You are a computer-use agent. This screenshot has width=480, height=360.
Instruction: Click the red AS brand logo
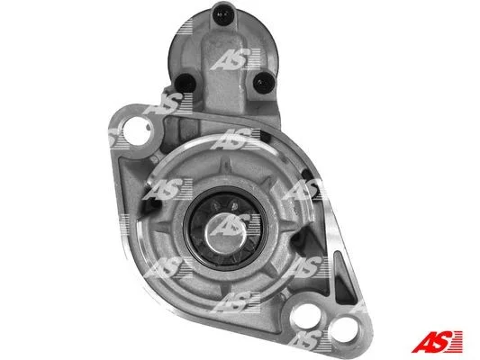tap(437, 341)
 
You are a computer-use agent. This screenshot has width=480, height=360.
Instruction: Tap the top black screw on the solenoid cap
tap(223, 13)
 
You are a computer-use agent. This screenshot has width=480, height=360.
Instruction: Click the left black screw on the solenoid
tap(185, 83)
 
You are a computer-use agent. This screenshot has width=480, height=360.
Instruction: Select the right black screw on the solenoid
tap(264, 83)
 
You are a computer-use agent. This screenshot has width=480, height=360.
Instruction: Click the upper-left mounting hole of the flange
tap(137, 131)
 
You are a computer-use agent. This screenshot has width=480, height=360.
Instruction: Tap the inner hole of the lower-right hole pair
tap(306, 316)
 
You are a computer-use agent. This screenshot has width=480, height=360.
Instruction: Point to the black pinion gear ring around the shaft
tap(226, 228)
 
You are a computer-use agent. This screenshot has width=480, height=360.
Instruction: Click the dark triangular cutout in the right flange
tap(343, 278)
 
